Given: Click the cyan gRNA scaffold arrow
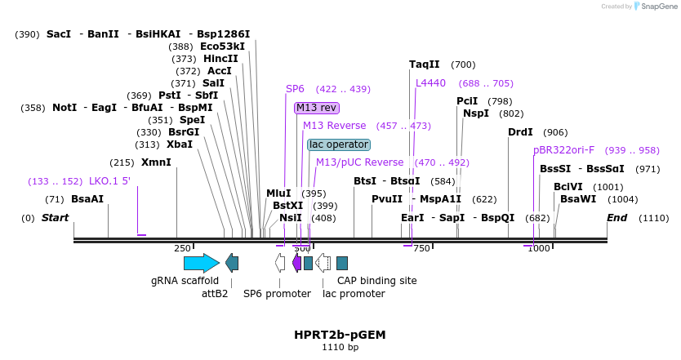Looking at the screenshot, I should click(x=201, y=263).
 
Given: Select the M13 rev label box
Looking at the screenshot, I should click(x=317, y=108).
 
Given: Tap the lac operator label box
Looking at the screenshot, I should click(x=339, y=144).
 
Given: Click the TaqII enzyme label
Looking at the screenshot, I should click(x=425, y=64).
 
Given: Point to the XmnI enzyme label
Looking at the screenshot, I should click(x=156, y=162).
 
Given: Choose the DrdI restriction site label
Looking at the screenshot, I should click(x=520, y=132).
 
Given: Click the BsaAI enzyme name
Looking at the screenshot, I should click(x=87, y=199).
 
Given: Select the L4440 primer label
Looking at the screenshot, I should click(x=430, y=83).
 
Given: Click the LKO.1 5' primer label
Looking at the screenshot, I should click(x=109, y=181).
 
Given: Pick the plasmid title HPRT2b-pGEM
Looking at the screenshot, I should click(x=340, y=335).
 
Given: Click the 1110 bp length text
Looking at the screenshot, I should click(x=340, y=348).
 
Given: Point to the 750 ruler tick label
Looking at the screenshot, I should click(x=421, y=248).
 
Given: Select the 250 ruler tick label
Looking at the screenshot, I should click(x=182, y=248).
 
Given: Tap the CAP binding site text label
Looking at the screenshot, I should click(x=376, y=281).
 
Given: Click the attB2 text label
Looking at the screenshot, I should click(x=215, y=294).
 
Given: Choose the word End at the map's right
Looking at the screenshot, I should click(x=616, y=218).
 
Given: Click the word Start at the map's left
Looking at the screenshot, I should click(x=55, y=218).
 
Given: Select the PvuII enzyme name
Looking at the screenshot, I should click(x=387, y=199).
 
